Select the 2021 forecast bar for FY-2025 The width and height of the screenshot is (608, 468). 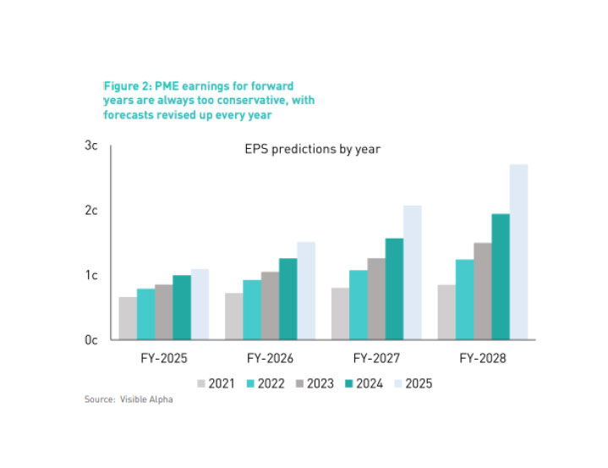(128, 318)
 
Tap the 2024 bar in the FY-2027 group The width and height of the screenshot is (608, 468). (394, 289)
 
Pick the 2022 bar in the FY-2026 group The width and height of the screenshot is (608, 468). (252, 310)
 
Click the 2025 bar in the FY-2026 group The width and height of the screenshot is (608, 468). (305, 290)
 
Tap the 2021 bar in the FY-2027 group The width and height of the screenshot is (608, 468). (341, 313)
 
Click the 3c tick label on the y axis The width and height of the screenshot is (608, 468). (91, 146)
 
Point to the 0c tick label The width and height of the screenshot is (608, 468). (91, 340)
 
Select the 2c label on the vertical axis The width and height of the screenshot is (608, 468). (91, 211)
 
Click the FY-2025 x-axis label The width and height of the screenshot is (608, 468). (163, 359)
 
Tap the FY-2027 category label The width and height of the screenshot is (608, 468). (376, 359)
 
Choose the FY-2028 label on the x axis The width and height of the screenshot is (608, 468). (483, 359)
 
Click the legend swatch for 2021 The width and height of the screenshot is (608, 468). (202, 383)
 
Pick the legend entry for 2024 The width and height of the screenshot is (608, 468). (364, 383)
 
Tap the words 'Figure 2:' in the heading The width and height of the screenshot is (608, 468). (126, 86)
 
